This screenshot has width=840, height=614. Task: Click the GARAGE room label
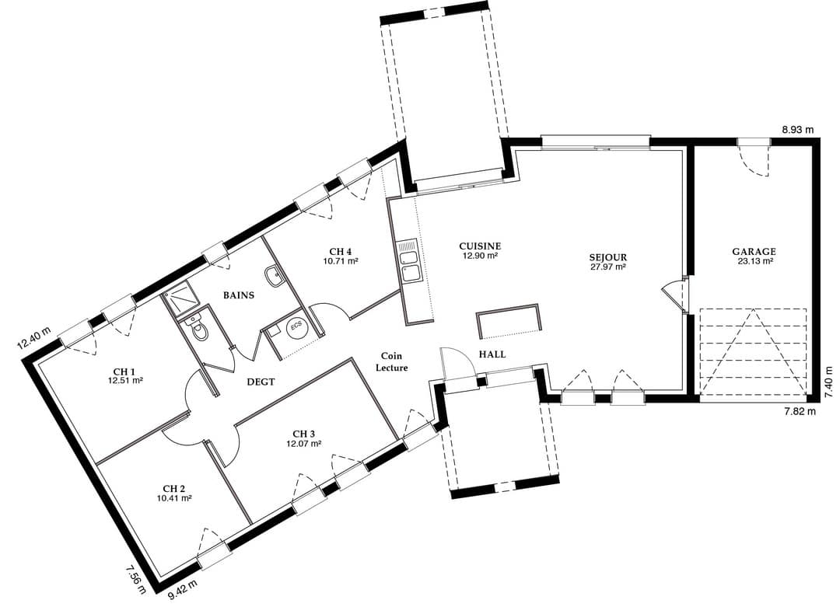click(x=754, y=252)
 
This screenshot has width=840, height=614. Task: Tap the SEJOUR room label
click(x=607, y=257)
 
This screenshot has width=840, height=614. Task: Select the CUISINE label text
click(x=480, y=246)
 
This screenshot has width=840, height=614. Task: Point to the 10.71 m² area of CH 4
click(x=340, y=261)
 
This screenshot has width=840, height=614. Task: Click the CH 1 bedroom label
click(x=124, y=372)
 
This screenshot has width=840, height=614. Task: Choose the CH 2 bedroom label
click(x=175, y=488)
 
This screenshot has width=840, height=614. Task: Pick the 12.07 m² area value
click(x=304, y=443)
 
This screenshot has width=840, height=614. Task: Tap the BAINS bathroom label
click(x=239, y=295)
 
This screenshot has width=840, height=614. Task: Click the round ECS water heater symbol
click(x=296, y=327)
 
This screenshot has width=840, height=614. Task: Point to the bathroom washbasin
click(x=273, y=276)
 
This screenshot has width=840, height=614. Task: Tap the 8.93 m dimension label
click(x=797, y=130)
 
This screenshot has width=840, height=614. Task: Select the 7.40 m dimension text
click(x=829, y=382)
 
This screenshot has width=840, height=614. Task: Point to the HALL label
click(x=492, y=354)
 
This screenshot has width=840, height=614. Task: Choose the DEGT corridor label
click(x=261, y=382)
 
